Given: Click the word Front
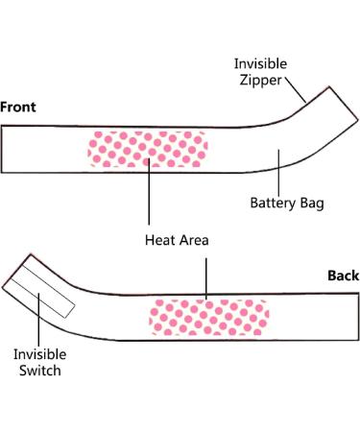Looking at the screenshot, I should click(19, 107).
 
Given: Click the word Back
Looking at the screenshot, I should click(343, 276).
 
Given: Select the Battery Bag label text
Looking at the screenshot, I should click(287, 204).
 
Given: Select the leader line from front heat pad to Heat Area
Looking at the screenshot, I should click(149, 197).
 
